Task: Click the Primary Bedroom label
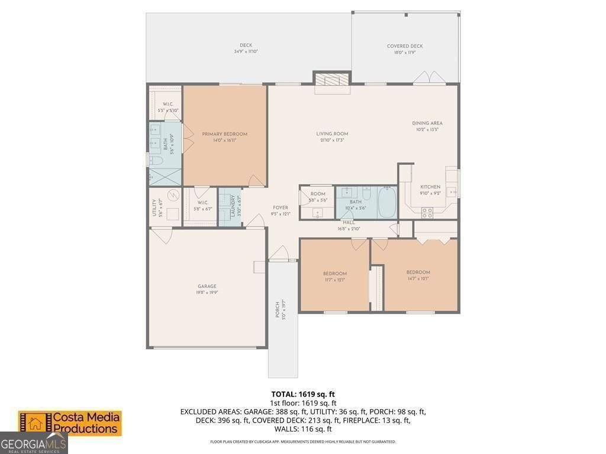[x=224, y=134]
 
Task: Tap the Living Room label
[x=331, y=134]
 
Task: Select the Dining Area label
[x=427, y=124]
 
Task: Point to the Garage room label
[x=207, y=286]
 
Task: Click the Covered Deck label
[x=405, y=46]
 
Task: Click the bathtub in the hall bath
[x=388, y=202]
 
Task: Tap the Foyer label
[x=280, y=207]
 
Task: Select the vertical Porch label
[x=277, y=310]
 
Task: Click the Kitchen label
[x=430, y=187]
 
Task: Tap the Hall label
[x=349, y=222]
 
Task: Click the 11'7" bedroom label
[x=334, y=274]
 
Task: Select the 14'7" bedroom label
[x=418, y=273]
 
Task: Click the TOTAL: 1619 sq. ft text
[x=303, y=394]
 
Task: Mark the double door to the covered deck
[x=429, y=79]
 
